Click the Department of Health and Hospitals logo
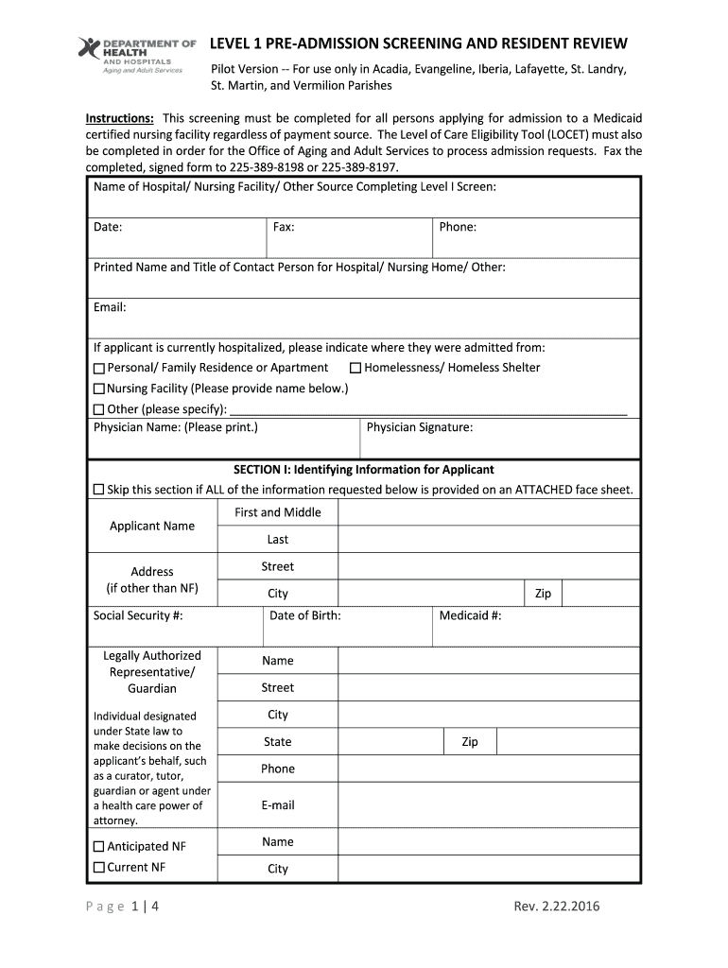coord(136,56)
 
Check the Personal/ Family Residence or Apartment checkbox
coord(99,368)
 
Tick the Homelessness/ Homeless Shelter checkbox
coord(355,368)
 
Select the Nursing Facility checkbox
coord(99,389)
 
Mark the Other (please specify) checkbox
coord(99,409)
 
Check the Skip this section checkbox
coord(99,490)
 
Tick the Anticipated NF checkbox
coord(99,847)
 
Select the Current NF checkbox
coord(99,867)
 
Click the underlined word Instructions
coord(120,118)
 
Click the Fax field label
coord(284,227)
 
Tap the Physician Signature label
coord(420,427)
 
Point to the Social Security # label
coord(138,615)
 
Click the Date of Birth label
coord(305,615)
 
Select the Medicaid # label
coord(471,615)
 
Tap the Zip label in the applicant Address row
coord(543,594)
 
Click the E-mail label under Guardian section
coord(278,804)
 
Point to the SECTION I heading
coord(364,469)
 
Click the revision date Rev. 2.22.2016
coord(557,907)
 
